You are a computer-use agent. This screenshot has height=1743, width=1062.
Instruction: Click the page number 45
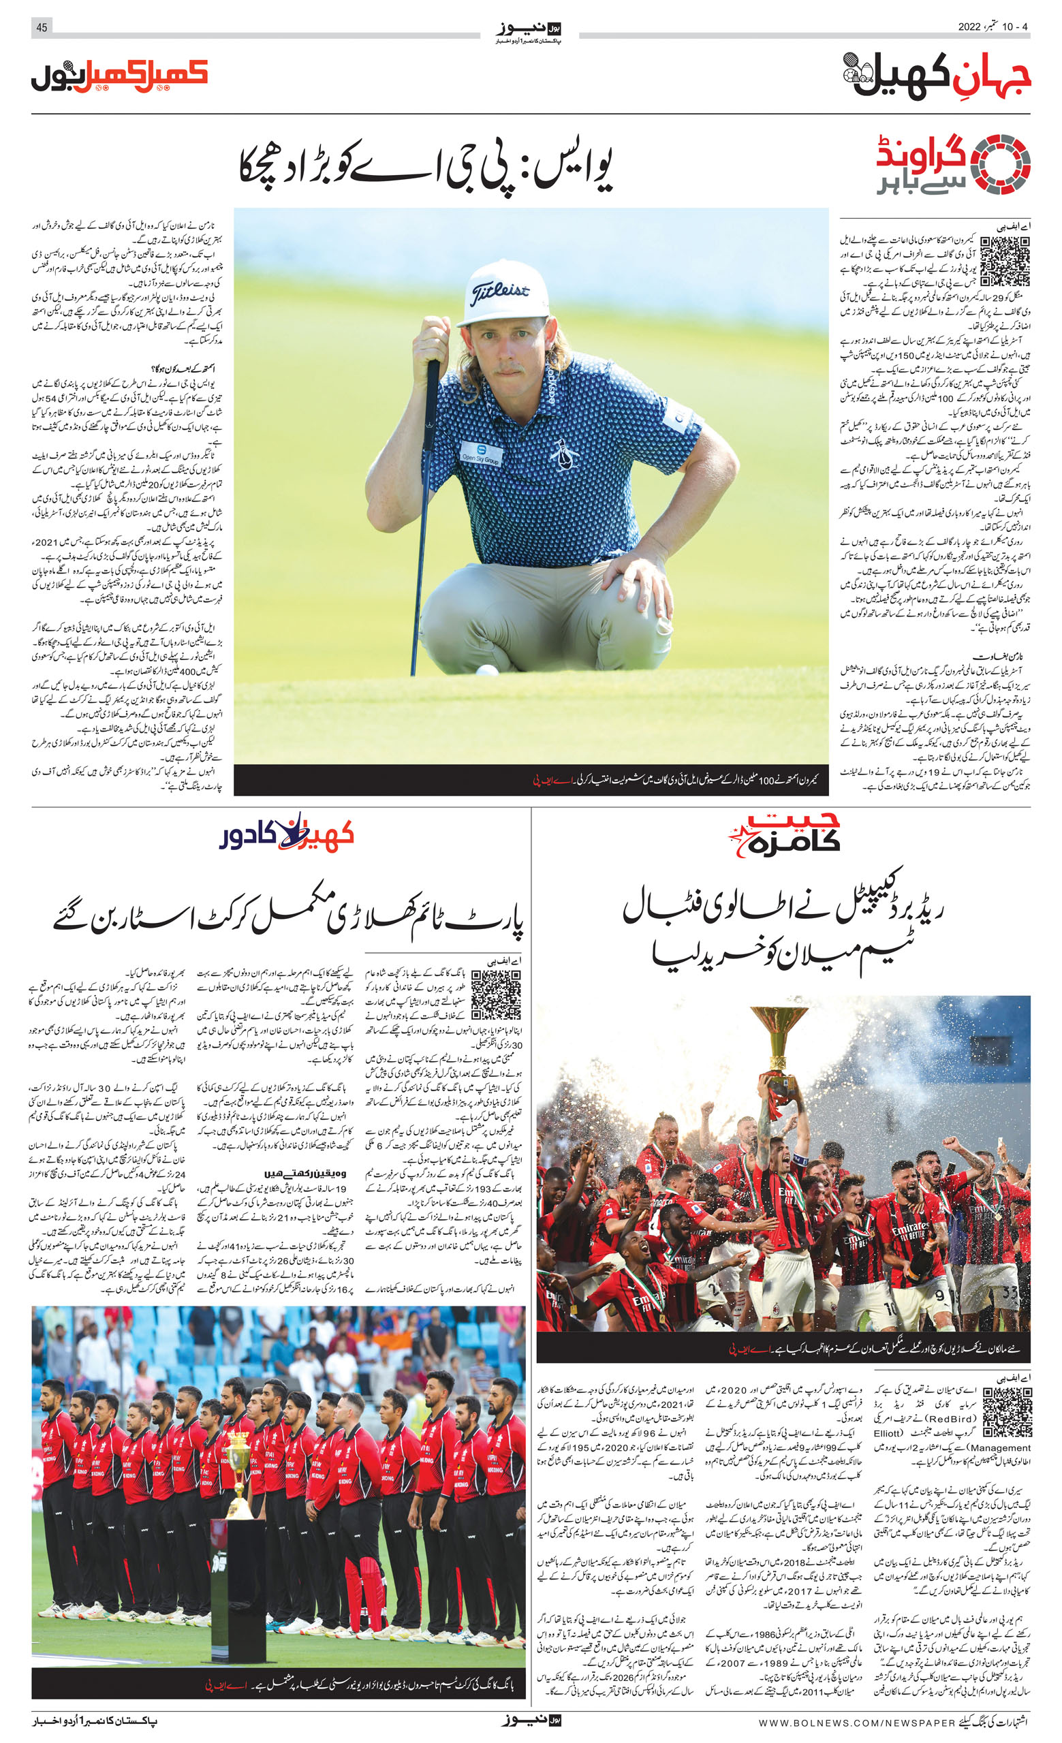coord(42,28)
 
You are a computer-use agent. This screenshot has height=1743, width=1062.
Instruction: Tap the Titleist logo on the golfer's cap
coord(500,291)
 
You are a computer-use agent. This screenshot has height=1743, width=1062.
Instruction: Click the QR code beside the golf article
coord(1005,261)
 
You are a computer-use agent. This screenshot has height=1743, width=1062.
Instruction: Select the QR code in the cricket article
coord(496,994)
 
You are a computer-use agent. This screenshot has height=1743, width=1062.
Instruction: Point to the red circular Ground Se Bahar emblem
coord(1001,163)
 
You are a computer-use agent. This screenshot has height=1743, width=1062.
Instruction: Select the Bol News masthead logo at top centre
coord(529,31)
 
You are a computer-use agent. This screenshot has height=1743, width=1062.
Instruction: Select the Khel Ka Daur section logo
coord(287,834)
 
